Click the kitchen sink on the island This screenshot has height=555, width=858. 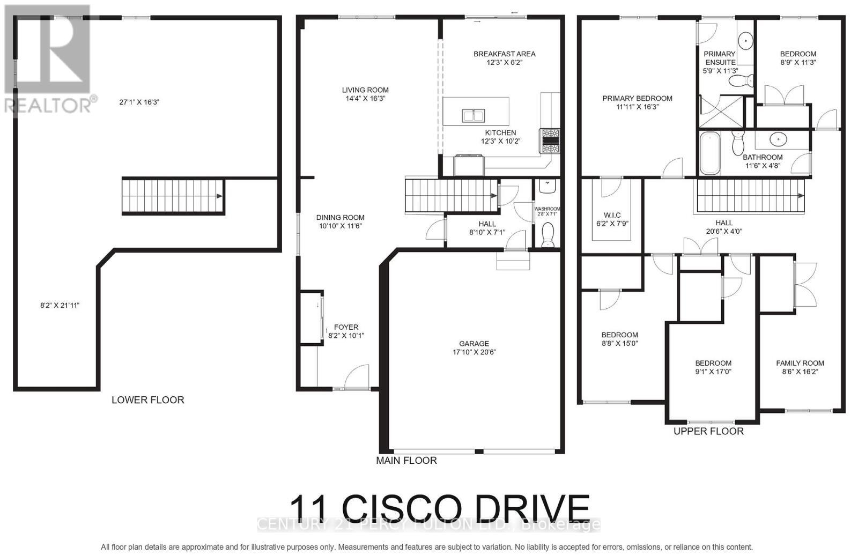click(x=473, y=115)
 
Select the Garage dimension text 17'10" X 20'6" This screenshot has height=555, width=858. click(x=474, y=352)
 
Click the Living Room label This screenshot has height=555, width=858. click(x=365, y=90)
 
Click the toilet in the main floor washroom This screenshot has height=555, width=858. click(x=548, y=235)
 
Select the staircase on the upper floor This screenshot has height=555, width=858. click(x=750, y=195)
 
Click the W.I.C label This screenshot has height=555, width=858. click(x=612, y=215)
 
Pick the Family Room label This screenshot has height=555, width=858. click(x=800, y=363)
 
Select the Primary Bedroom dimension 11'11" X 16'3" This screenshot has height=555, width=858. click(x=637, y=107)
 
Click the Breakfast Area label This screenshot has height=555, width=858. click(x=504, y=54)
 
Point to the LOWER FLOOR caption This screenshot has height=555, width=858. click(x=147, y=400)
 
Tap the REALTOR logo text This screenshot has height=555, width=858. click(x=51, y=105)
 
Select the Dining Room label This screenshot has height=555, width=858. click(x=340, y=217)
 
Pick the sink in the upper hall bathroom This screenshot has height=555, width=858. click(x=778, y=139)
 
